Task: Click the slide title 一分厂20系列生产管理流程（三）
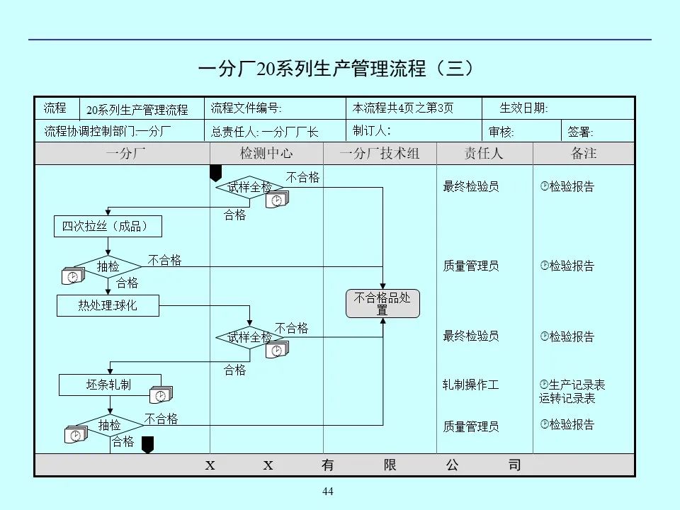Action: (336, 69)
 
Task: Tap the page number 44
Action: (327, 492)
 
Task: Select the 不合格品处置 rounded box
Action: (382, 304)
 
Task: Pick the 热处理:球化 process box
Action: (108, 306)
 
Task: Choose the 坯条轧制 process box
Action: (109, 385)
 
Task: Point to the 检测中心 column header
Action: (266, 154)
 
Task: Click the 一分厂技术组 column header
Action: (380, 154)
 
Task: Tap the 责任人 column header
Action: (484, 154)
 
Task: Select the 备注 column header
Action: (584, 154)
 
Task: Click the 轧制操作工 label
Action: (471, 385)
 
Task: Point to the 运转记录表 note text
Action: (567, 398)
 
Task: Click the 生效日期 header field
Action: (523, 108)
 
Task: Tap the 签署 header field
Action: (581, 131)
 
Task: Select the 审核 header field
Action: (501, 131)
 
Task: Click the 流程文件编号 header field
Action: (246, 108)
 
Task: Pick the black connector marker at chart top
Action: (216, 173)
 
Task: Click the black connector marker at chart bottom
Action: (147, 444)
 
